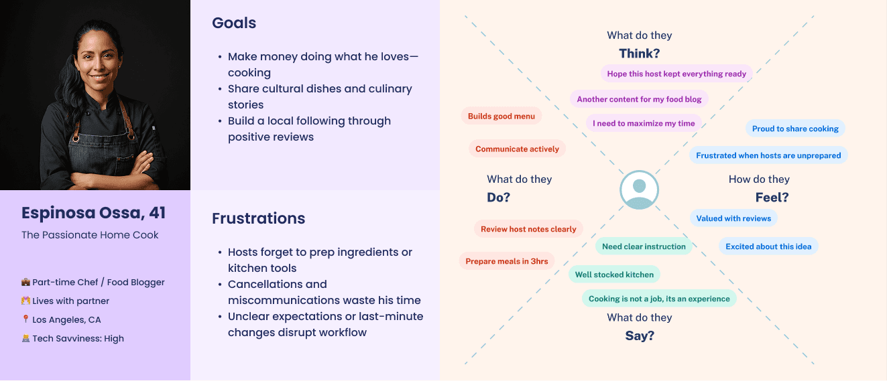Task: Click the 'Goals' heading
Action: point(234,23)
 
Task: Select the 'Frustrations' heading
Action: point(258,218)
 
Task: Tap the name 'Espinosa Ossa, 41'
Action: point(93,213)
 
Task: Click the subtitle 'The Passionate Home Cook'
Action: point(90,235)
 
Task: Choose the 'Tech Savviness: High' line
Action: point(77,338)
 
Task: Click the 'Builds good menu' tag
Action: point(501,117)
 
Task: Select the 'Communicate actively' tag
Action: point(517,149)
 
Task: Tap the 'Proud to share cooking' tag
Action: point(795,129)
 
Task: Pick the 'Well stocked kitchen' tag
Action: point(614,275)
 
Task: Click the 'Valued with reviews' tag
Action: point(733,218)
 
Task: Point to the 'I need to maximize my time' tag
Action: point(644,124)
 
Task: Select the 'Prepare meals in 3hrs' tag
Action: point(507,261)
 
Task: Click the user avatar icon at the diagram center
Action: point(639,190)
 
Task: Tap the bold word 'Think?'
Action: point(639,54)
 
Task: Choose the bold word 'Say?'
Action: point(639,336)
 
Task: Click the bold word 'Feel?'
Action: point(772,198)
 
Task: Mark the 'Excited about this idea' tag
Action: point(768,246)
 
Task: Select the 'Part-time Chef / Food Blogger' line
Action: point(98,282)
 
